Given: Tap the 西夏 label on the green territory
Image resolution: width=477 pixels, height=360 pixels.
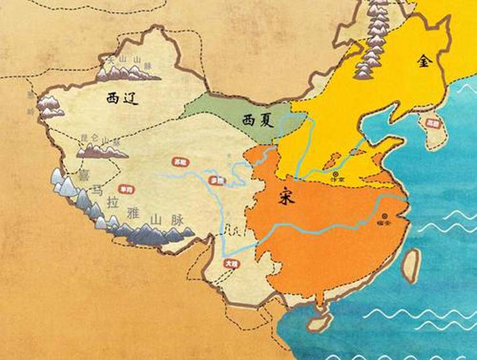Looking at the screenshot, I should pyautogui.click(x=258, y=119).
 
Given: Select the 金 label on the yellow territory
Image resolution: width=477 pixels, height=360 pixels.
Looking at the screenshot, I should pyautogui.click(x=424, y=62).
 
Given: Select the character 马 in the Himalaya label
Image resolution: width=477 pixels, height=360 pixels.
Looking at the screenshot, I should pyautogui.click(x=97, y=189).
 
